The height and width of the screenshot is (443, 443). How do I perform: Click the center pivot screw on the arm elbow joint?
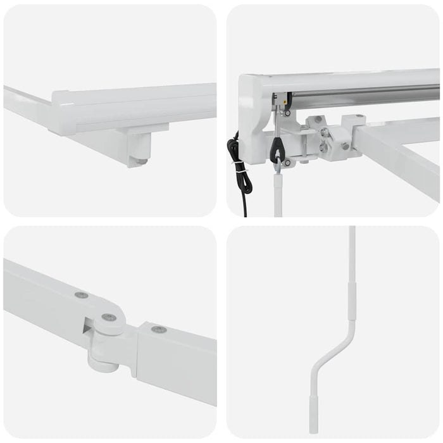(109, 317)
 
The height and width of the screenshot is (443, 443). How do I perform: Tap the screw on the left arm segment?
(81, 295)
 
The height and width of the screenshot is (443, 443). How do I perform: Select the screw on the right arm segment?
(159, 329)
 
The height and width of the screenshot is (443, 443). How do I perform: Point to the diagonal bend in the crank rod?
(334, 354)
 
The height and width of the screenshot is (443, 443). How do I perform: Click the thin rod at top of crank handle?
(352, 253)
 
